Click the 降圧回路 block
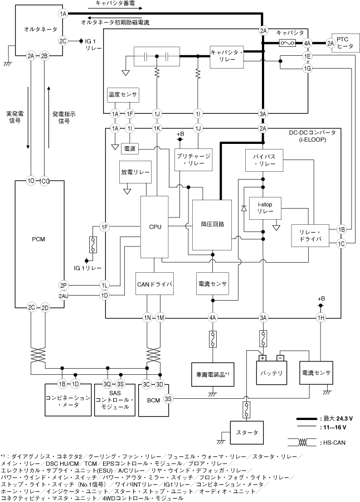(x=212, y=224)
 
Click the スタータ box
(x=244, y=431)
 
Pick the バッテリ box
(x=271, y=373)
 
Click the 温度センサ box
(x=123, y=95)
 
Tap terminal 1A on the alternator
(x=63, y=13)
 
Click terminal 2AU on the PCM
(x=63, y=296)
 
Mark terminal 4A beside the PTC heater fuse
(x=307, y=43)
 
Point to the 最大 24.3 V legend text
(x=335, y=418)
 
